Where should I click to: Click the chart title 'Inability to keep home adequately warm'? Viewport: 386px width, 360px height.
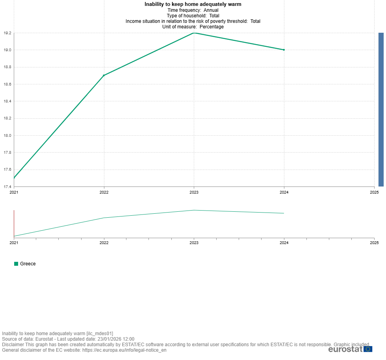[x=193, y=4]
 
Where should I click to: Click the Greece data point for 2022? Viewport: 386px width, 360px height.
[x=104, y=75]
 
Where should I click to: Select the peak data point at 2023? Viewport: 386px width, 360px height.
[x=194, y=33]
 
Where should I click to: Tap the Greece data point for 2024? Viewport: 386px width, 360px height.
[x=284, y=50]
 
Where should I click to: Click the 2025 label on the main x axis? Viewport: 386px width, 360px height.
[x=374, y=192]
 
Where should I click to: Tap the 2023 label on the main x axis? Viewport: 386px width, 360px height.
[x=194, y=192]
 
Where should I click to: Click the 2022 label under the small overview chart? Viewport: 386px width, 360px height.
[x=104, y=243]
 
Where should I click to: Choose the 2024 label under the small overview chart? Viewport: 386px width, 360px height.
[x=284, y=243]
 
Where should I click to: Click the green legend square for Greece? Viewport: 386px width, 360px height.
[x=16, y=264]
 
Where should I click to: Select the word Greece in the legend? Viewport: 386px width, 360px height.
[x=28, y=264]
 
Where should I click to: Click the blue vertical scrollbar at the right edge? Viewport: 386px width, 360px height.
[x=381, y=109]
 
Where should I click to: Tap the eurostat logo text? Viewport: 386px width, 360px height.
[x=345, y=349]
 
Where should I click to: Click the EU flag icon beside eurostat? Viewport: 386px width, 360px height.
[x=368, y=349]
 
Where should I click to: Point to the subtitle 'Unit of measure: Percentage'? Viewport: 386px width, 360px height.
[x=193, y=27]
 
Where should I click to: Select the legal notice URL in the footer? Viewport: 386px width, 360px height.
[x=124, y=350]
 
